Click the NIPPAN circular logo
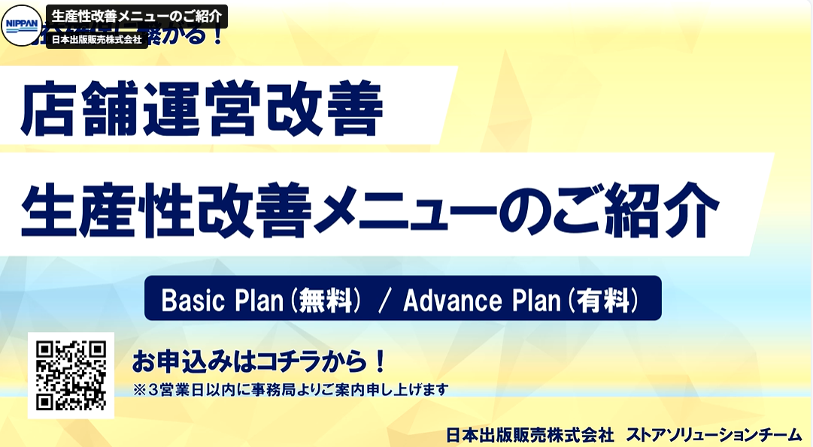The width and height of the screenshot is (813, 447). [22, 25]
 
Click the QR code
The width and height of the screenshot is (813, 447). [71, 375]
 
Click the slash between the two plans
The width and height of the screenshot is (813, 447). [384, 301]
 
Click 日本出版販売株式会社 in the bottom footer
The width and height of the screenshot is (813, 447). [530, 434]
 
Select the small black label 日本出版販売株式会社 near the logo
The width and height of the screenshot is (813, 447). [96, 40]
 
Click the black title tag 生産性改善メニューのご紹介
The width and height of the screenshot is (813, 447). [136, 17]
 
